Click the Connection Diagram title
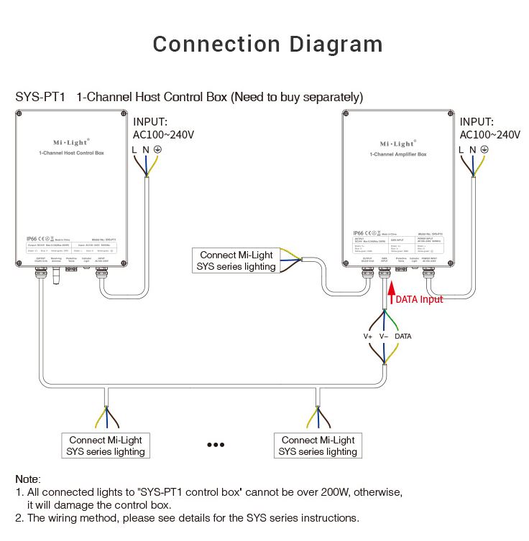(267, 44)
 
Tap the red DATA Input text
(420, 299)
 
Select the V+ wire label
(368, 337)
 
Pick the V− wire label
(384, 337)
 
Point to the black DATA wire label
(403, 337)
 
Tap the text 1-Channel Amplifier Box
(398, 154)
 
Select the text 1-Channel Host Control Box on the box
(71, 154)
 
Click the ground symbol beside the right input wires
(484, 149)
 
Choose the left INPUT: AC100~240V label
(164, 128)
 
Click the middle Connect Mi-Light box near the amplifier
(237, 260)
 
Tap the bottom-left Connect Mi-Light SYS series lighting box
(106, 446)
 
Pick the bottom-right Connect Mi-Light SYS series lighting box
(318, 446)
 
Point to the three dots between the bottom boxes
(216, 445)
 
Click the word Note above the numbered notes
(28, 479)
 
